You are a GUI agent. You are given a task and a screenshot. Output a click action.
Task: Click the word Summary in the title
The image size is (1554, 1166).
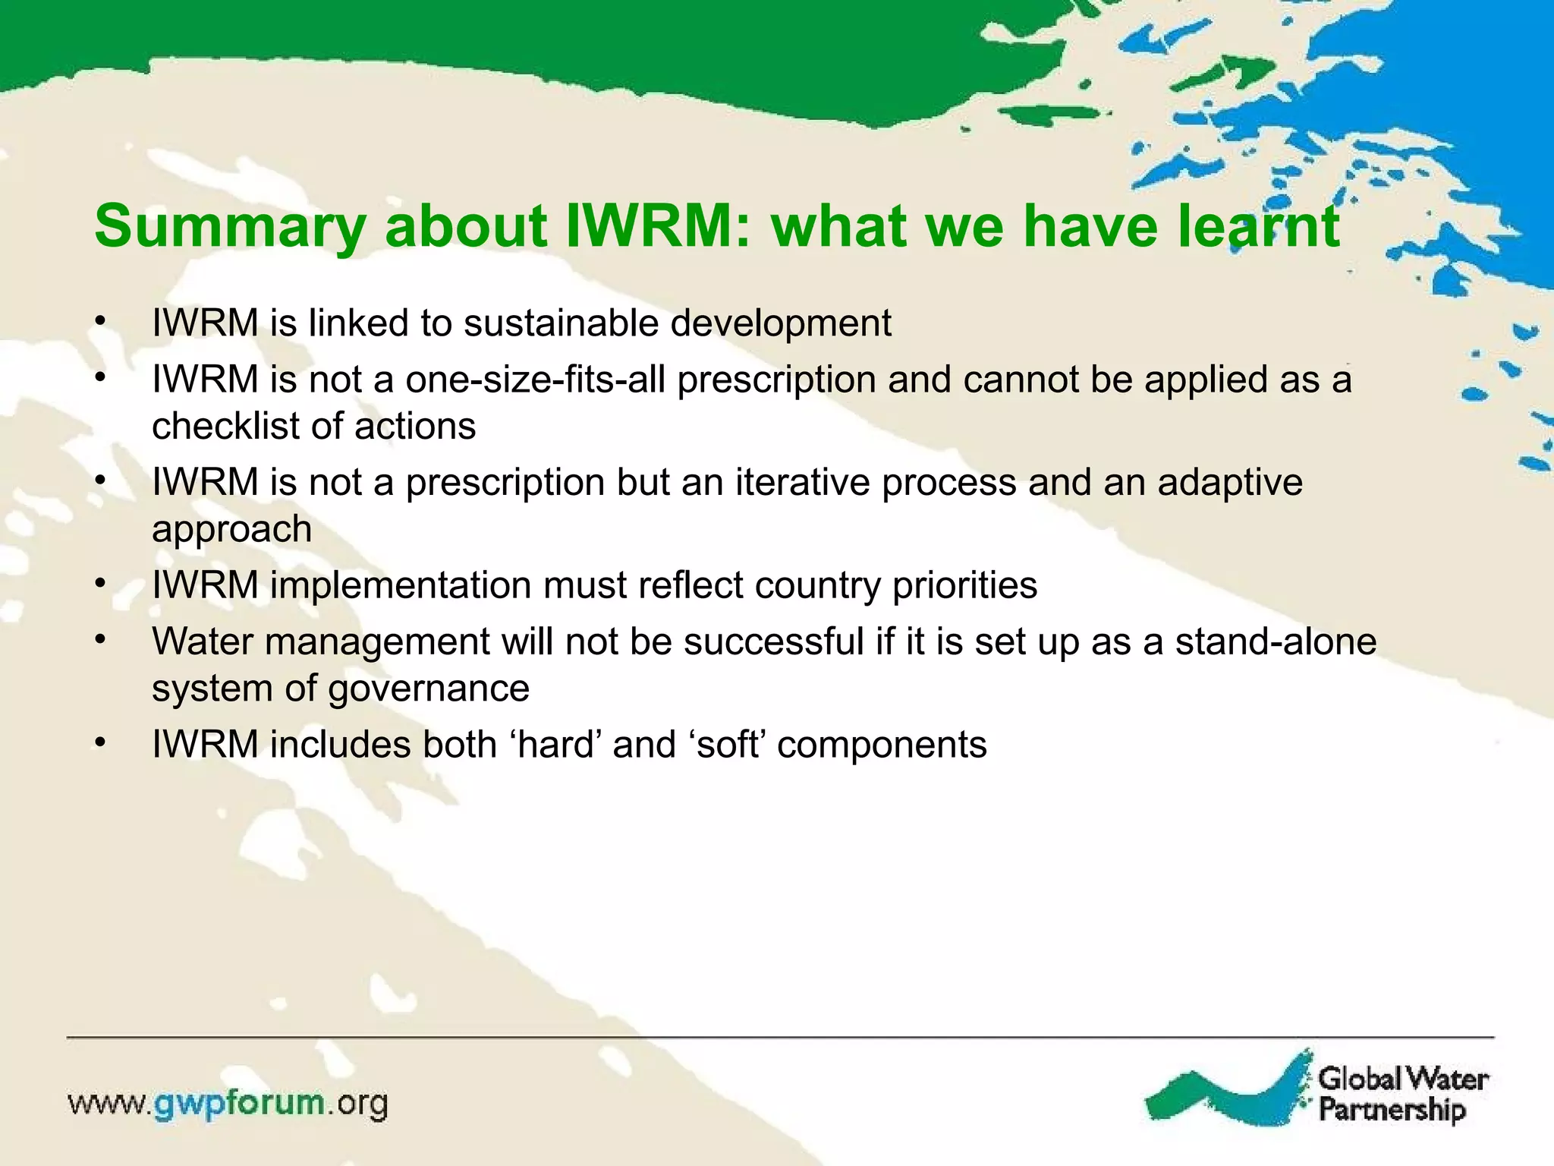[230, 227]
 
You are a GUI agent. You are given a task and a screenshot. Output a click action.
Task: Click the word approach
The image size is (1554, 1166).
[231, 530]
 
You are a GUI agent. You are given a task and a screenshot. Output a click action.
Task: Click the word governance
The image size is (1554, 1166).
[429, 689]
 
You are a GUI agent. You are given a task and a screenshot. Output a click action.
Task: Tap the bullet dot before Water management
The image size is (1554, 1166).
[99, 641]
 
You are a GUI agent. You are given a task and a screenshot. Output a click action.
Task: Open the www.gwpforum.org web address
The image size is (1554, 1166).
[228, 1103]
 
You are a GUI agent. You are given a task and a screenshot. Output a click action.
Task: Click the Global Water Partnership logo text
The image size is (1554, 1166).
[1402, 1094]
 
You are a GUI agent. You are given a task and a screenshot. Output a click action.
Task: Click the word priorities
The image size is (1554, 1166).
[964, 586]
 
